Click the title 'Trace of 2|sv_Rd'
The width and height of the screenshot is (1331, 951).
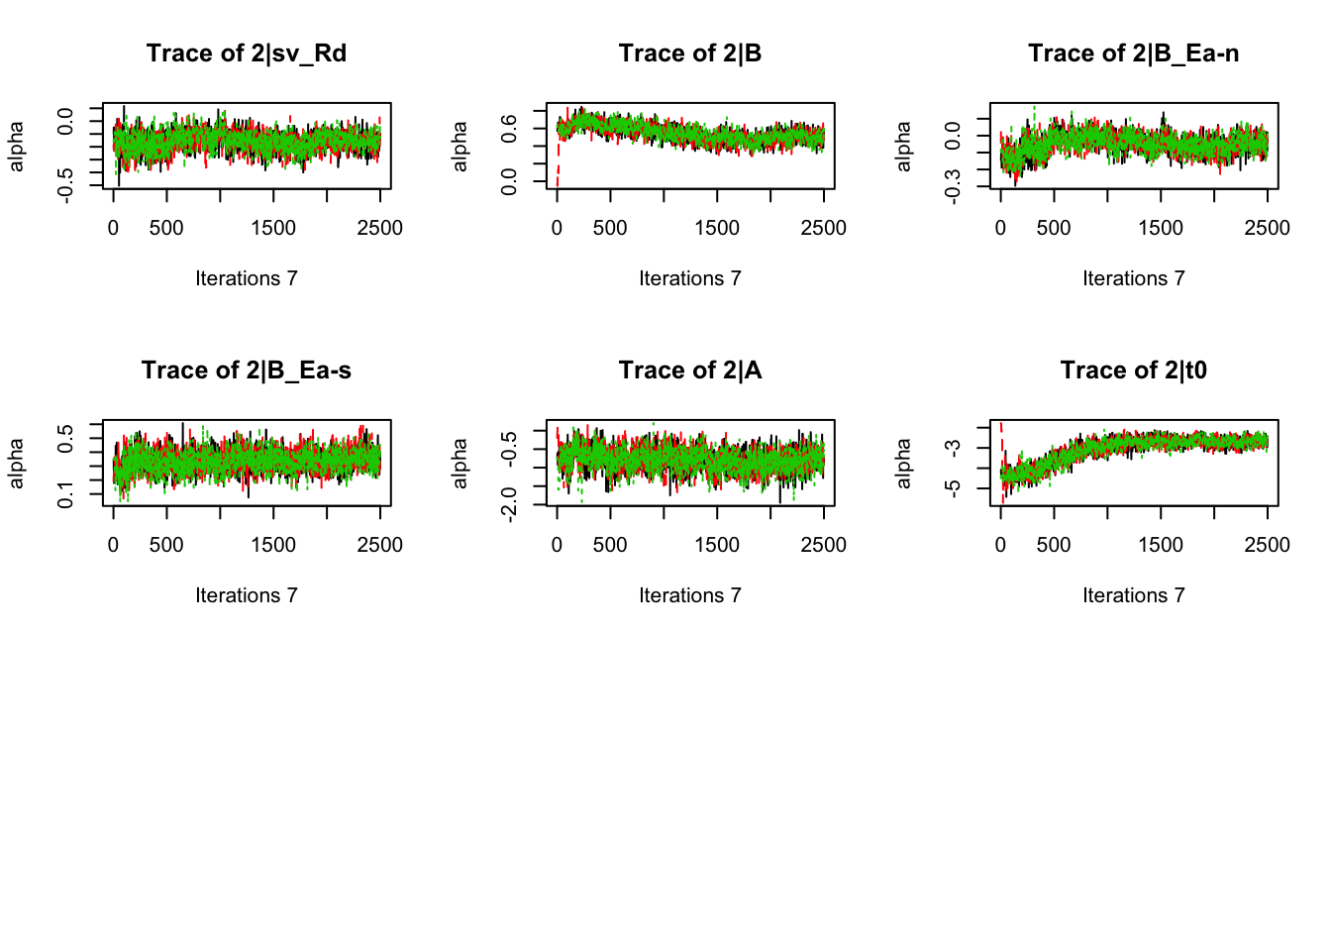click(x=247, y=53)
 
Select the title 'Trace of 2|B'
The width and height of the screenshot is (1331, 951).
click(x=690, y=53)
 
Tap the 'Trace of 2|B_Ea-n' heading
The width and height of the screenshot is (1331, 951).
click(x=1133, y=53)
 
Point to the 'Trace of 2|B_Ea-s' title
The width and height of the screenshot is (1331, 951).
click(x=247, y=370)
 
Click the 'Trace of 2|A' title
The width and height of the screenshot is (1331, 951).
click(x=690, y=370)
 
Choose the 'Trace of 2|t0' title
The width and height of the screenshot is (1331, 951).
click(x=1133, y=370)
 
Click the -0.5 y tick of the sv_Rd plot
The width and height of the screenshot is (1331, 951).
click(x=65, y=185)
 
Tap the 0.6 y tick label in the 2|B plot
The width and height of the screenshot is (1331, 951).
click(x=509, y=128)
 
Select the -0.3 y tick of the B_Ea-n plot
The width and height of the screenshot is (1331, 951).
click(x=953, y=185)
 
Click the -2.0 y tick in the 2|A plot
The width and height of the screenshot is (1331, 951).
click(x=509, y=504)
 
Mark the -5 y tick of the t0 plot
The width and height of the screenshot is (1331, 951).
click(x=953, y=488)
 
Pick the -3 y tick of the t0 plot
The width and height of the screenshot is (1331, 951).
click(x=953, y=448)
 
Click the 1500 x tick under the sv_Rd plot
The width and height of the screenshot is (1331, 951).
click(x=273, y=228)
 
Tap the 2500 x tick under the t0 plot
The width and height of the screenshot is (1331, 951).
click(x=1267, y=545)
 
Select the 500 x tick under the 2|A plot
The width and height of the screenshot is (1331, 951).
click(x=610, y=545)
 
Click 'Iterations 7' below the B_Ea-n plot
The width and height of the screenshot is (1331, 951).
click(x=1133, y=278)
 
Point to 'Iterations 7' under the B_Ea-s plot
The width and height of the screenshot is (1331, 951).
click(x=247, y=595)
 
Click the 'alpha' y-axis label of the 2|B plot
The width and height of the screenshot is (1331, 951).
click(x=460, y=146)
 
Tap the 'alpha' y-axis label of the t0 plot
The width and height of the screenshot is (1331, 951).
click(x=903, y=463)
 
